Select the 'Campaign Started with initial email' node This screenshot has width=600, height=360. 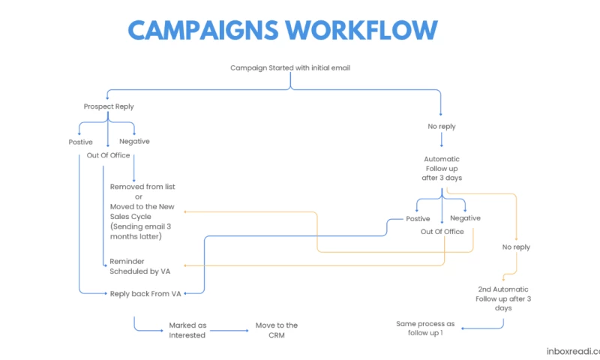coord(290,68)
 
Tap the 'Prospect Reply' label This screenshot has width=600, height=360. coord(109,107)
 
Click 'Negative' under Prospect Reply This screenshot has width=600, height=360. coord(135,141)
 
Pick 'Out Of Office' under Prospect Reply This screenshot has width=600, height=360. coord(109,155)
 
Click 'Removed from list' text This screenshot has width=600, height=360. coord(142,187)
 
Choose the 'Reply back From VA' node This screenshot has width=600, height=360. coord(145,294)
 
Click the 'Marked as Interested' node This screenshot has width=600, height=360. coord(187,330)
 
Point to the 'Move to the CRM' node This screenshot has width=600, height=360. coord(277,330)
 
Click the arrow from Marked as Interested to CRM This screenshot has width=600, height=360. coord(233,330)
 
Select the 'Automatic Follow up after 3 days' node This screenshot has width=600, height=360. coord(442,169)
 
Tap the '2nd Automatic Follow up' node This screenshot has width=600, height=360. coord(503,298)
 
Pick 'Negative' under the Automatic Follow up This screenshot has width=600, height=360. coord(466,218)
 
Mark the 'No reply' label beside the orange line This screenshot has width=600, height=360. coord(516,247)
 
